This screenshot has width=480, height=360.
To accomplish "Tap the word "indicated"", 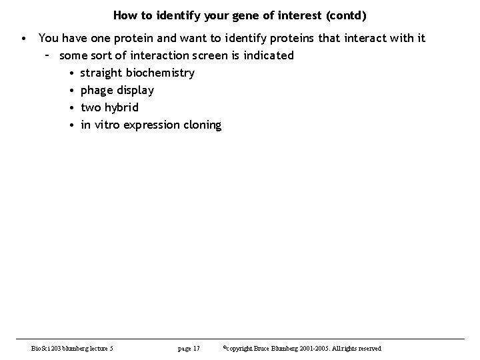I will click(x=267, y=55).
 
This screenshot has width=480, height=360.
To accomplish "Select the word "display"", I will click(x=135, y=90).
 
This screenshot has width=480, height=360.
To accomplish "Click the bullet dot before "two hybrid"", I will click(x=71, y=107).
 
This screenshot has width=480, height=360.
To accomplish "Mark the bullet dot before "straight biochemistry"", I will click(x=71, y=73).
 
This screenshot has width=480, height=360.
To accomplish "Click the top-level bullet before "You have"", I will click(x=24, y=38).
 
